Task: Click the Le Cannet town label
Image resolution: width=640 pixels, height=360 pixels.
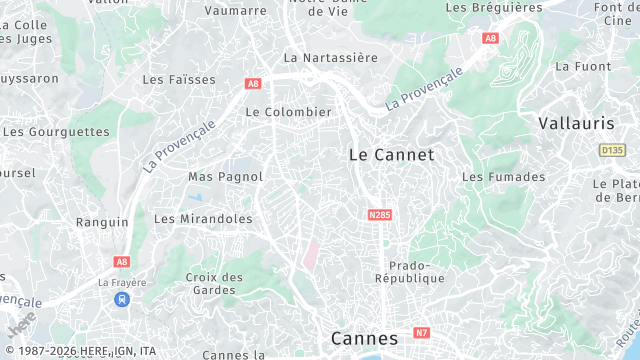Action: pos(391,155)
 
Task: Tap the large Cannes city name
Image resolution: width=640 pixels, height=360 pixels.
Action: pos(364,338)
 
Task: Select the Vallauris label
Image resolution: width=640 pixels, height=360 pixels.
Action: pos(575,123)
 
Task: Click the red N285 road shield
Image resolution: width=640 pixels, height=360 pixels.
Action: pos(379,215)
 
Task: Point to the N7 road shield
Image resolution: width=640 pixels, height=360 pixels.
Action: pos(422,332)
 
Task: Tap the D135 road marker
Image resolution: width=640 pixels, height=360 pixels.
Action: pos(612,150)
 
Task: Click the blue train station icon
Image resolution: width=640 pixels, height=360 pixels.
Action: pos(122,299)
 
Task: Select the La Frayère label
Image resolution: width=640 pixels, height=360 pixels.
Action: pos(122,283)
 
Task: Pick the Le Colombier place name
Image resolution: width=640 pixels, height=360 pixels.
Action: pos(288,112)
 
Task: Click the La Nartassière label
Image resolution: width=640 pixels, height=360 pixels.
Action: pos(331,58)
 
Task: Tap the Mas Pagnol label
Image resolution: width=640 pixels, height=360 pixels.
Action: pos(225,177)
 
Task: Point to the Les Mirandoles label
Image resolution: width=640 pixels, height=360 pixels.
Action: pos(203,218)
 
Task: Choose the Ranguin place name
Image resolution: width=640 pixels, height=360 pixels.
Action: pos(102,222)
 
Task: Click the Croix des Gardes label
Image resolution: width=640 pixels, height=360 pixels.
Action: pos(214,284)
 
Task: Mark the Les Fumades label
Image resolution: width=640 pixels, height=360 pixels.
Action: pos(504,177)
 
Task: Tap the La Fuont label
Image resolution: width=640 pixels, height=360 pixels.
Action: pos(582,66)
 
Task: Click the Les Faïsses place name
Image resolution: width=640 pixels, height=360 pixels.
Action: pos(179,79)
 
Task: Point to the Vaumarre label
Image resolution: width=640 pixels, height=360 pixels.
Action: pos(235,11)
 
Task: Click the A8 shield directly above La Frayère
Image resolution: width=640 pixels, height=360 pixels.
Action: pos(122,261)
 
